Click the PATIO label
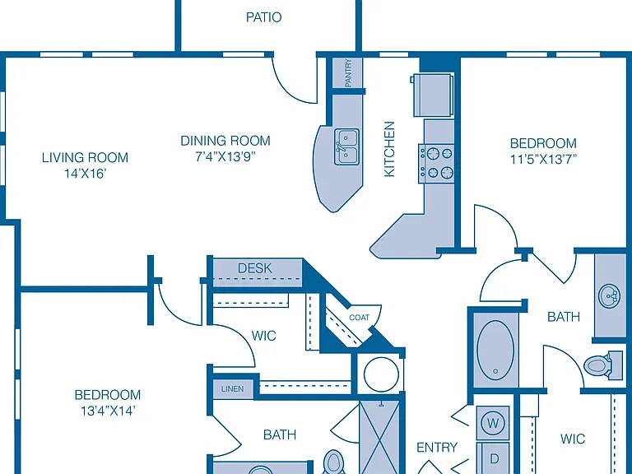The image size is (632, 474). (x=263, y=17)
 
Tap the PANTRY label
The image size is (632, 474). (x=348, y=72)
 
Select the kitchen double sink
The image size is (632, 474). (x=346, y=146)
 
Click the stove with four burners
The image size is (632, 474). (x=436, y=163)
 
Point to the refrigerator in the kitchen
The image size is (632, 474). (x=433, y=95)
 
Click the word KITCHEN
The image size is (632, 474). (x=389, y=149)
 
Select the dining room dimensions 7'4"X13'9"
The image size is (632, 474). (x=225, y=156)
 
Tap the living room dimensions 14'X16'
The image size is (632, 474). (x=85, y=174)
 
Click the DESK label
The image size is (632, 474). (x=255, y=268)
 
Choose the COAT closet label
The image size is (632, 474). (x=359, y=318)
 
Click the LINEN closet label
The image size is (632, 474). (x=232, y=389)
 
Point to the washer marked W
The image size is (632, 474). (x=493, y=423)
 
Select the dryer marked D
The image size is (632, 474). (x=494, y=458)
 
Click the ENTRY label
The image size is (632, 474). (x=437, y=448)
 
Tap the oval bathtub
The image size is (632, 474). (x=495, y=351)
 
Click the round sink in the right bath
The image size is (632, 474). (x=610, y=296)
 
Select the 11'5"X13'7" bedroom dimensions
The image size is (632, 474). (x=543, y=160)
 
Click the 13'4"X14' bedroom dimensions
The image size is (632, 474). (x=108, y=411)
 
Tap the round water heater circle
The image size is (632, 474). (x=381, y=374)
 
